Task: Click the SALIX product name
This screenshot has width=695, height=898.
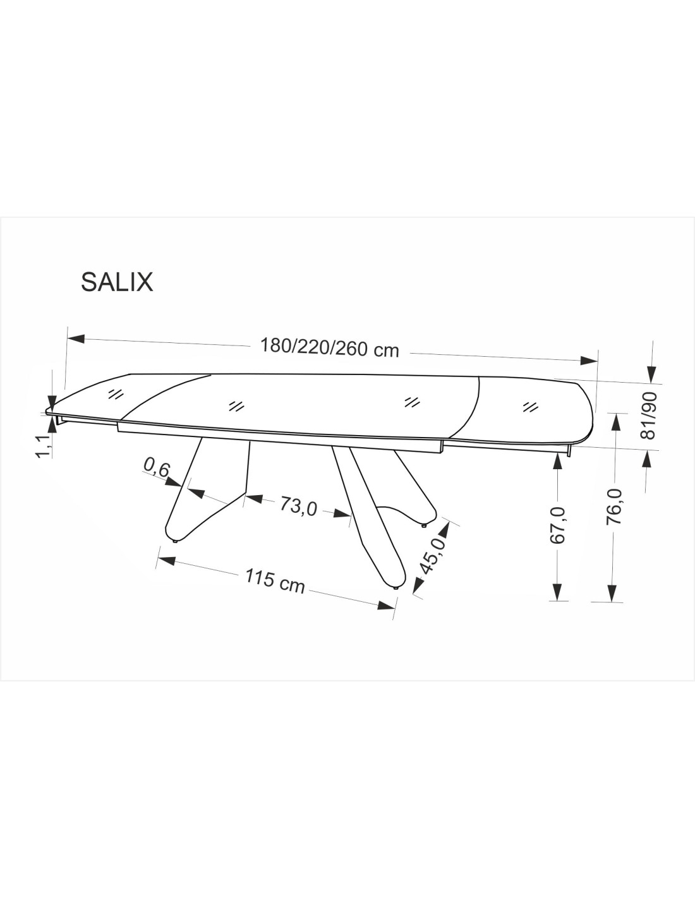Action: [117, 282]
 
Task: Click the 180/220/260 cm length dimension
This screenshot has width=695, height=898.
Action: [330, 347]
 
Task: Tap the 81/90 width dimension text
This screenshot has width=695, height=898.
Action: [648, 416]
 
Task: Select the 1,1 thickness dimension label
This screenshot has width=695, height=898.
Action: [44, 446]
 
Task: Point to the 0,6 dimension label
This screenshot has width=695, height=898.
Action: [157, 468]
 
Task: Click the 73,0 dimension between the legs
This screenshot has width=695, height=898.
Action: [298, 505]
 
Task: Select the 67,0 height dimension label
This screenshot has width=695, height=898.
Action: [558, 525]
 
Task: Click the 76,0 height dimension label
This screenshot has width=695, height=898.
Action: [614, 506]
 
